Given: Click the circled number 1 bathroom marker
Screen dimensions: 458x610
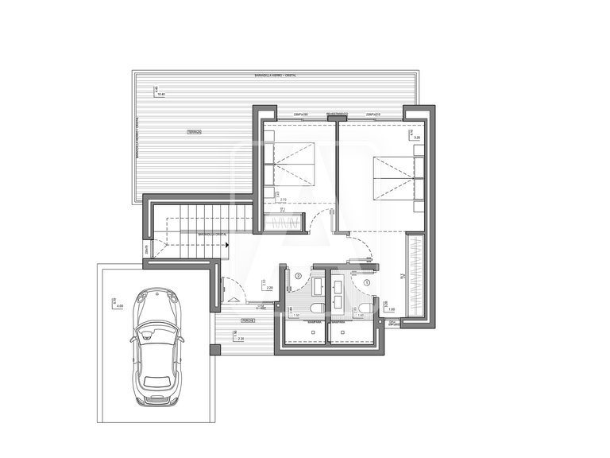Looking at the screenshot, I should pos(367,281).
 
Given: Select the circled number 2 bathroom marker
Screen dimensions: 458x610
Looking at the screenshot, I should pos(298,276).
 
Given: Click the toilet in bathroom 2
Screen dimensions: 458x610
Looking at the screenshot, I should pos(317,309).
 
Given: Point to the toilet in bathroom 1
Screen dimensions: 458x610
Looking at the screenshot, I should pos(365,309).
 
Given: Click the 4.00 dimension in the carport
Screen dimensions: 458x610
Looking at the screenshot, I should pos(120,305).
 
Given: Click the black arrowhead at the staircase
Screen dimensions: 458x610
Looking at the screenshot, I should pos(229,245).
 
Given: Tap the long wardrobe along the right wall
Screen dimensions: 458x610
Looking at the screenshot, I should pos(415,274).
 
